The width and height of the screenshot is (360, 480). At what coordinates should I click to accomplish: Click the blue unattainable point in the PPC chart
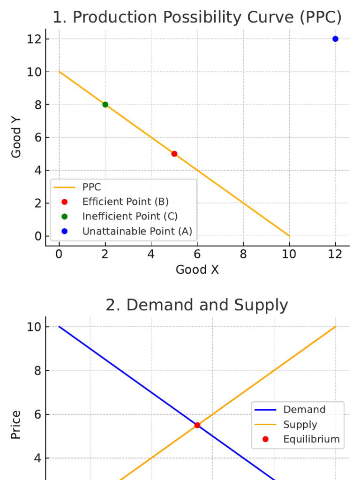[335, 39]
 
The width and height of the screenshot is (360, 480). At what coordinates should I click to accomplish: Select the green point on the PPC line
[105, 105]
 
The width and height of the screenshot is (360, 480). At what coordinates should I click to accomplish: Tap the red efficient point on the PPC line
[174, 154]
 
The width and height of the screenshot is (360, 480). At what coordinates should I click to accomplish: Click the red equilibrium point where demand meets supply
[197, 425]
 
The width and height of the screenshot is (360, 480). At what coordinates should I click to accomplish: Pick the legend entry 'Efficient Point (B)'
[125, 202]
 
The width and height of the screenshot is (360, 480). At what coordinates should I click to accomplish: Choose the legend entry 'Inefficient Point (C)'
[130, 216]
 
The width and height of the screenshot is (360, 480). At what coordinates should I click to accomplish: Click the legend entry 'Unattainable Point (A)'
[137, 231]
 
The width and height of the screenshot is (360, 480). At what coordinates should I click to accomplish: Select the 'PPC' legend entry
[91, 187]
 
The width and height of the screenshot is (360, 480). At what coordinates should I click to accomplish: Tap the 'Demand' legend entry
[304, 410]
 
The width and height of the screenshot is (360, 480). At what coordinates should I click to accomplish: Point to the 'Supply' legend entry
[300, 425]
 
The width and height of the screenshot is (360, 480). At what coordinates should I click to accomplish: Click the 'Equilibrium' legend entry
[311, 439]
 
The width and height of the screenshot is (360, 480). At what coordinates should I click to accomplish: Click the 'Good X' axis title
[197, 270]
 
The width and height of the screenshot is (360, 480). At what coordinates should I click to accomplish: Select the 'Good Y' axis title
[16, 137]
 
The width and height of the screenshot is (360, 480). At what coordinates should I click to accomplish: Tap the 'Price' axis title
[16, 425]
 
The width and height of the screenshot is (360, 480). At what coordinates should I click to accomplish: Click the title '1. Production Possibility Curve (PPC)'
[197, 18]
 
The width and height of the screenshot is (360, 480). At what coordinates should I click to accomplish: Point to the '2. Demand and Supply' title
[197, 305]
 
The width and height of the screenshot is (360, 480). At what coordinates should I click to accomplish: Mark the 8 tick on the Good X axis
[243, 254]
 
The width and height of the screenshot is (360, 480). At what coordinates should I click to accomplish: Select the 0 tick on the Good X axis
[59, 254]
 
